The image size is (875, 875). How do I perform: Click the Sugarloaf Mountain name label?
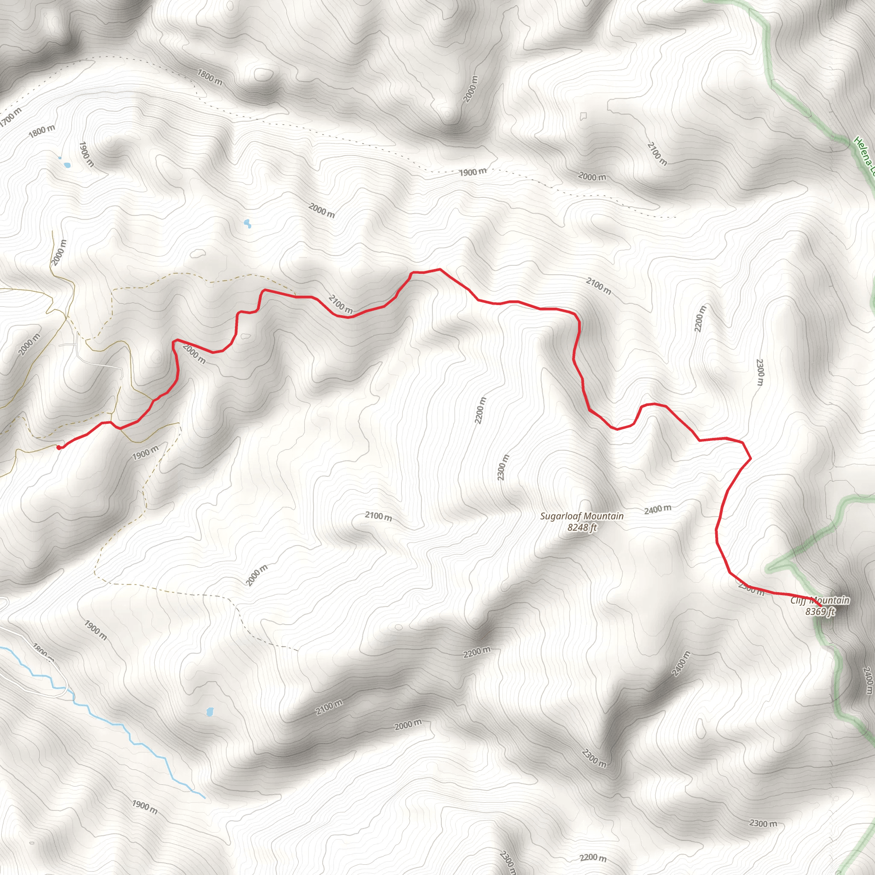pyautogui.click(x=581, y=516)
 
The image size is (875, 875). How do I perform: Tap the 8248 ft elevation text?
pyautogui.click(x=582, y=528)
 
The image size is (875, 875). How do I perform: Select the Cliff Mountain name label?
pyautogui.click(x=820, y=601)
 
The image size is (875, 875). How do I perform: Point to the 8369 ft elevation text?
pyautogui.click(x=820, y=612)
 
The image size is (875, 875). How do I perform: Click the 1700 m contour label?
pyautogui.click(x=10, y=117)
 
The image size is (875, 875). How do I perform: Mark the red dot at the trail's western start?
pyautogui.click(x=59, y=447)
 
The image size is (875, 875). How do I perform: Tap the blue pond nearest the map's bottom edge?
pyautogui.click(x=210, y=711)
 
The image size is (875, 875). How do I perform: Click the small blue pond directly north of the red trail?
pyautogui.click(x=247, y=223)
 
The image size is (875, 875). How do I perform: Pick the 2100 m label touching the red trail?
pyautogui.click(x=341, y=304)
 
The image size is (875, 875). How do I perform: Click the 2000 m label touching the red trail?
pyautogui.click(x=194, y=354)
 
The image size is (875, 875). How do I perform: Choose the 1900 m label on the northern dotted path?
pyautogui.click(x=473, y=172)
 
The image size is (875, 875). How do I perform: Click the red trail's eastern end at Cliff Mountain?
pyautogui.click(x=821, y=606)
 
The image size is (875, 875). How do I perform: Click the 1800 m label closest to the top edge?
pyautogui.click(x=210, y=77)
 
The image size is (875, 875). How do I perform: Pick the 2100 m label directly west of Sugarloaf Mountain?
pyautogui.click(x=379, y=516)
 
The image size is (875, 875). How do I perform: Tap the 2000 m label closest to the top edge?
pyautogui.click(x=471, y=89)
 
